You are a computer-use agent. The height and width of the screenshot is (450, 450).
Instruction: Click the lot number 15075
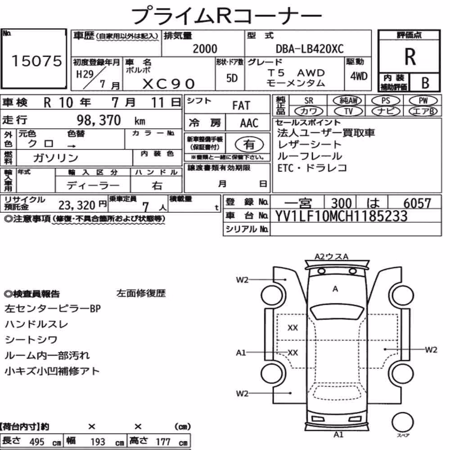tap(36, 61)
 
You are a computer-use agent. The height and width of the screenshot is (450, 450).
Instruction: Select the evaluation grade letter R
tap(410, 57)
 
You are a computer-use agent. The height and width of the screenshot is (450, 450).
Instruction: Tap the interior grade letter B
tap(425, 83)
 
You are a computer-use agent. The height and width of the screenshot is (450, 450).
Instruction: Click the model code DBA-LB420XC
tap(310, 49)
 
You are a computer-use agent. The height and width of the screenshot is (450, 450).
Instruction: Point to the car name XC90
tap(169, 84)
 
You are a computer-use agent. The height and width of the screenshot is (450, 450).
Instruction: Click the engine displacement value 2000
tap(205, 49)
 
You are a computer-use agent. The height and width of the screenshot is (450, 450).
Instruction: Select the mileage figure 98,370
tap(99, 120)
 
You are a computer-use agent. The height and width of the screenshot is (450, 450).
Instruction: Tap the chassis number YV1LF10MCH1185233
tap(341, 216)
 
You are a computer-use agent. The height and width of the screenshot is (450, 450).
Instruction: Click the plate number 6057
tap(417, 203)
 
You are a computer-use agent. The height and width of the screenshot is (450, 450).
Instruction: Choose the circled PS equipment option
tap(386, 101)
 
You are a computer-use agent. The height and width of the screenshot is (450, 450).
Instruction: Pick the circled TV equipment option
tap(348, 111)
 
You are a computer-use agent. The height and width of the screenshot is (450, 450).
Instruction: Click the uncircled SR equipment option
tap(309, 101)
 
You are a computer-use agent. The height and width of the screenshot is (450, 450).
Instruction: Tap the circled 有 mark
tap(249, 144)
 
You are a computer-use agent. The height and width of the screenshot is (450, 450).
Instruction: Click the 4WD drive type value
tap(359, 76)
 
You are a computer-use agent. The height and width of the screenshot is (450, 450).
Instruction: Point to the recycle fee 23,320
tap(76, 205)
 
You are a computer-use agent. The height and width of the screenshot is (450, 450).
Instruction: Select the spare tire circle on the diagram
tap(402, 422)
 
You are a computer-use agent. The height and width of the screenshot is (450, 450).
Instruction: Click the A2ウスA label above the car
tap(332, 256)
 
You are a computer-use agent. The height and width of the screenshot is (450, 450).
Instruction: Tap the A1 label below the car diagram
tap(338, 435)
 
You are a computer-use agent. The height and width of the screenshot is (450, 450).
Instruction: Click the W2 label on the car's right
tap(431, 350)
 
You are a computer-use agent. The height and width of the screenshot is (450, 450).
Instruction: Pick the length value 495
tap(37, 442)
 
